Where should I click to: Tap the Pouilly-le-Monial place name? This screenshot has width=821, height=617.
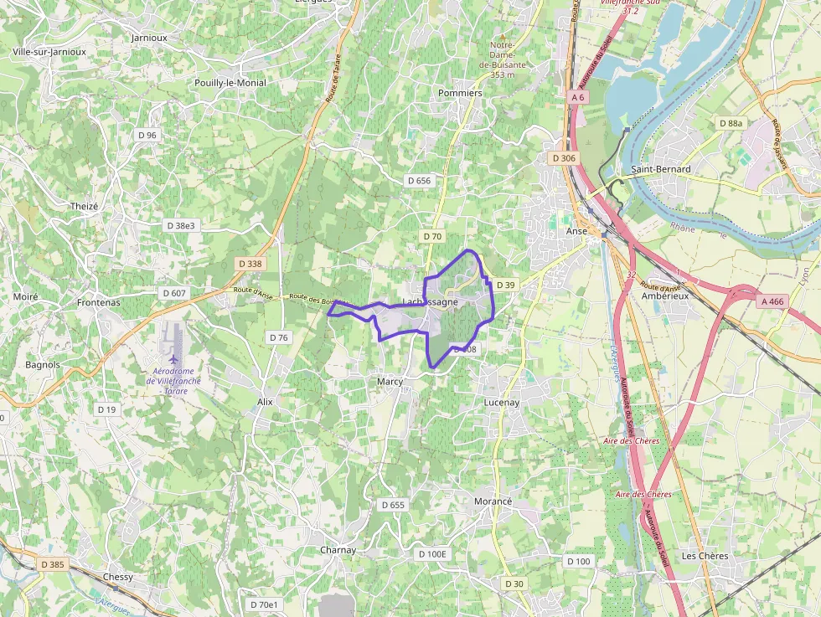(x=230, y=83)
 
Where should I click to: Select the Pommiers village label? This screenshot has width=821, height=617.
(x=460, y=93)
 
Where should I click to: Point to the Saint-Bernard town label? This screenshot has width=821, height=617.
(x=661, y=169)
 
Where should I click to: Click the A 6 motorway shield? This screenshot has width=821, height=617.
(x=578, y=97)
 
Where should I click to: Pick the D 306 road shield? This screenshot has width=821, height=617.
(x=564, y=158)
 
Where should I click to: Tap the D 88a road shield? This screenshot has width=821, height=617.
(x=731, y=123)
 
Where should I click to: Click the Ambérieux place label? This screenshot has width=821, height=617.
(x=664, y=296)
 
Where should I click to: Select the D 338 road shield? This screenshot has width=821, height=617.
(x=250, y=264)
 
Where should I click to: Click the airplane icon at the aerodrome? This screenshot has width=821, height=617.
(x=175, y=360)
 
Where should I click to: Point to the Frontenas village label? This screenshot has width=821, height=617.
(x=98, y=302)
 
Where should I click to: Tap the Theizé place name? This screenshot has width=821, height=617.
(x=85, y=207)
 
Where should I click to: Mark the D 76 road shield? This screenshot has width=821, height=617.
(x=278, y=337)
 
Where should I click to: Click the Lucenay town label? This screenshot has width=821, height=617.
(x=502, y=403)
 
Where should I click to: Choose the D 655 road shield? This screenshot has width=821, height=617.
(x=392, y=505)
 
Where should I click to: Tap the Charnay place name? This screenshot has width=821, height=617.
(x=338, y=550)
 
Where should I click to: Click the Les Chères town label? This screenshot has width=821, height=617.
(x=705, y=556)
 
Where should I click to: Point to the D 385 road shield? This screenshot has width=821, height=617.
(x=51, y=564)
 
